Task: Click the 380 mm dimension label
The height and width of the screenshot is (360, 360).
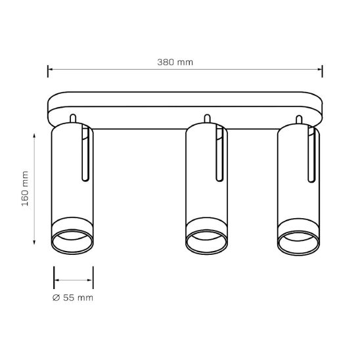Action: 175,62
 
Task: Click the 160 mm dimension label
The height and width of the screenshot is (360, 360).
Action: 25,189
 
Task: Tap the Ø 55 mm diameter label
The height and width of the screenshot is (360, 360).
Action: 73,298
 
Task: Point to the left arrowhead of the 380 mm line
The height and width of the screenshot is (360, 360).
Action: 51,69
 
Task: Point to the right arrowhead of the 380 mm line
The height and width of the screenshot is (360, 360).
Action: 319,69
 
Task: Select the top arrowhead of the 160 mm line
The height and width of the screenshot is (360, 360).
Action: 34,135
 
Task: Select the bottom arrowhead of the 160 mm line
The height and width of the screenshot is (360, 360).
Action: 34,242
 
